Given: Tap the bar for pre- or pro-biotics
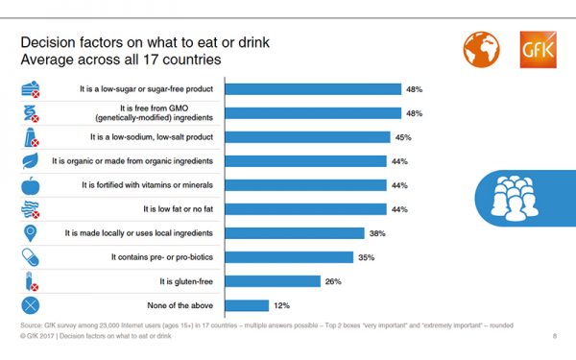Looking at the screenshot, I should (x=288, y=257).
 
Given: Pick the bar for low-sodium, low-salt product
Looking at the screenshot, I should (x=306, y=136).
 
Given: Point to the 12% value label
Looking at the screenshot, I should (x=283, y=305).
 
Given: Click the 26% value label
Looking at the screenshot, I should (x=335, y=281).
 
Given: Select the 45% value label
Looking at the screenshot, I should (x=403, y=136).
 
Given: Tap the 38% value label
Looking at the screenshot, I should (x=378, y=233).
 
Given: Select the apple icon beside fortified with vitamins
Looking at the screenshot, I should (x=31, y=184).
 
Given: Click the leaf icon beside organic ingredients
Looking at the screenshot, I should (x=31, y=160).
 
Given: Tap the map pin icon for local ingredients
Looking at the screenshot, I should (x=31, y=233).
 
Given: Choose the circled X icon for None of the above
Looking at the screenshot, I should (x=31, y=305).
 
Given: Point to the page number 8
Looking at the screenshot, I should (x=555, y=336).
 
